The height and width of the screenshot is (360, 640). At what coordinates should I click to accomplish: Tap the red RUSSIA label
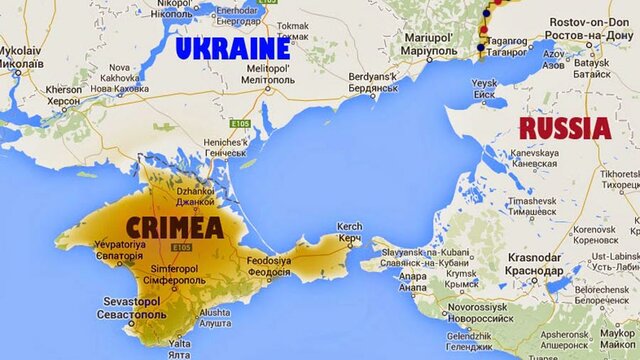[x=565, y=127]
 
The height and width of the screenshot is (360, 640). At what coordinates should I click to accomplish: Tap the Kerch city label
[x=350, y=234]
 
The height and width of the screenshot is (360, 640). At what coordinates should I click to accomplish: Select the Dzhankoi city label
[x=196, y=196]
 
